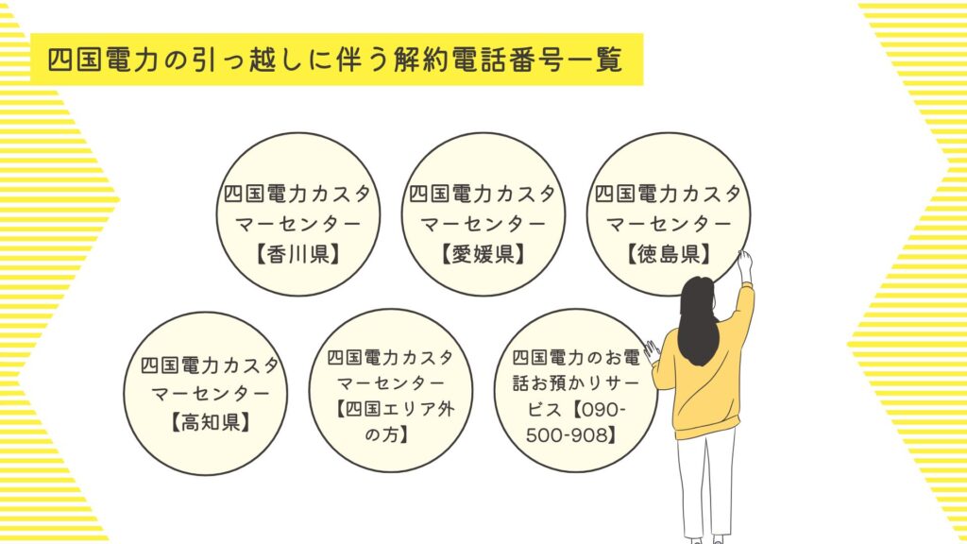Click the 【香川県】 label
tap(297, 254)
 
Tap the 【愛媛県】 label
tap(483, 254)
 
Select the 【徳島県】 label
tap(669, 254)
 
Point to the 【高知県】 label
tap(211, 422)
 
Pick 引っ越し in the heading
tap(246, 60)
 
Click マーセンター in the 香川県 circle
tap(297, 224)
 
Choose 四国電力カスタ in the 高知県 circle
tap(211, 365)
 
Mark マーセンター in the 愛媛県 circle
tap(483, 224)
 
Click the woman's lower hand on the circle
tap(652, 350)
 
